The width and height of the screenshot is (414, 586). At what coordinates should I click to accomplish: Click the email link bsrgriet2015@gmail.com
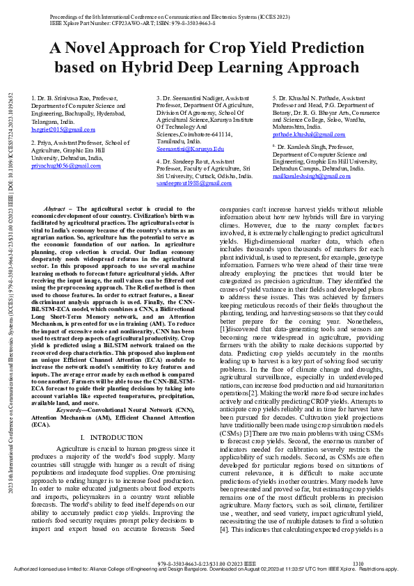63,129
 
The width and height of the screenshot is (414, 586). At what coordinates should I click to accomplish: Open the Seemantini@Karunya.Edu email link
190,149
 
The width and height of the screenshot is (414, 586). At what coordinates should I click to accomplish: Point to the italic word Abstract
54,209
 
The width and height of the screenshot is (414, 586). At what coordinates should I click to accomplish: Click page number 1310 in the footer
358,563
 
